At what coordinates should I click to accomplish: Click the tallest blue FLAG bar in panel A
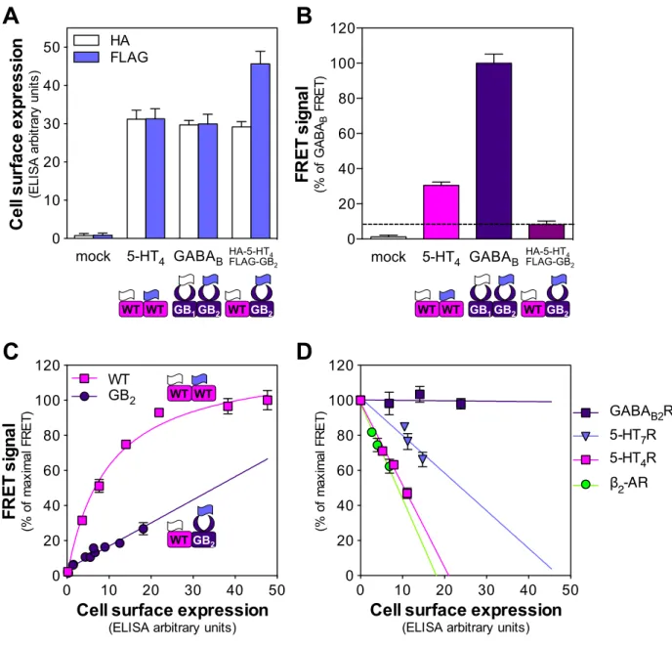tap(260, 151)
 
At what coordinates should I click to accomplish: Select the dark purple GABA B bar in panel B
tap(493, 151)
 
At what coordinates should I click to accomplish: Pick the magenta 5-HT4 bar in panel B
tap(441, 212)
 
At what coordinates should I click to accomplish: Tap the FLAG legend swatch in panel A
tap(86, 57)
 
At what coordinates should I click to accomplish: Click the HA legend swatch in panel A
tap(86, 40)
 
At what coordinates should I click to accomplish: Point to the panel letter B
tap(304, 16)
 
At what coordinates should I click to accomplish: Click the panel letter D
tap(304, 352)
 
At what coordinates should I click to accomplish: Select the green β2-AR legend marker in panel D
tap(586, 485)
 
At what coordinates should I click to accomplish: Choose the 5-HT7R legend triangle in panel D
tap(586, 436)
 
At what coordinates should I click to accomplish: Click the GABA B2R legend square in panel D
tap(586, 412)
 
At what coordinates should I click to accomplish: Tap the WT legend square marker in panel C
tap(84, 378)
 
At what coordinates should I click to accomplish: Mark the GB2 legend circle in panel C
tap(84, 397)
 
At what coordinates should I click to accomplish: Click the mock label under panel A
tap(93, 256)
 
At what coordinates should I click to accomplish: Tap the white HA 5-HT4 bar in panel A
tap(137, 179)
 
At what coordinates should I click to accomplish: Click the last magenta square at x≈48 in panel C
tap(268, 400)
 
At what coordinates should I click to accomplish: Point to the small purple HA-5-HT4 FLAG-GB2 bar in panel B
tap(546, 232)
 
